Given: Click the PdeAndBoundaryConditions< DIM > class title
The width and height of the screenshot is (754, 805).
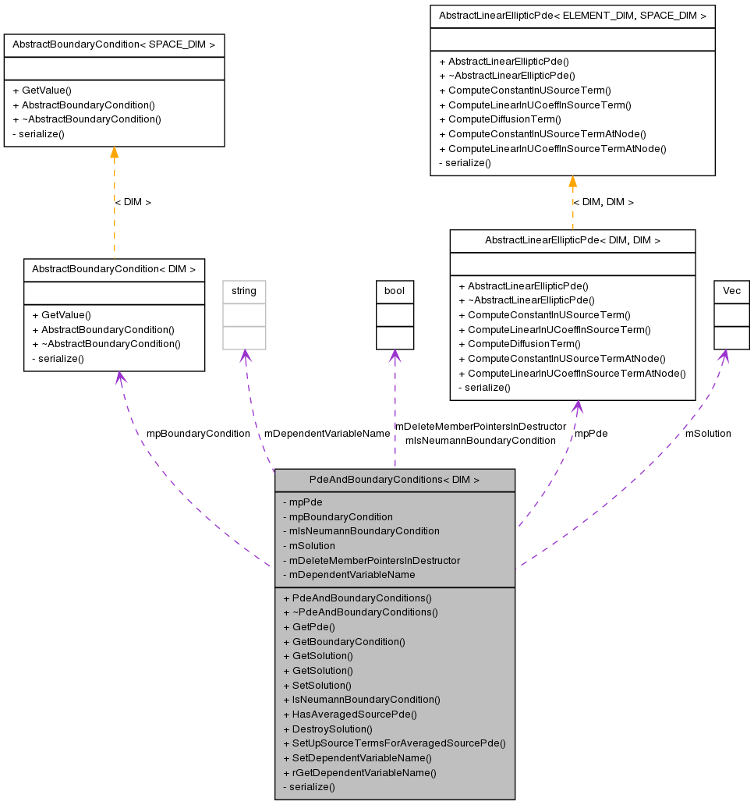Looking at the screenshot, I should pos(395,480).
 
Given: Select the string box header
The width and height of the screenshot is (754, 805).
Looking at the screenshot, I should pos(244,291).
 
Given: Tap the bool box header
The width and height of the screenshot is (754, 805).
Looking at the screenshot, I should pos(395,291).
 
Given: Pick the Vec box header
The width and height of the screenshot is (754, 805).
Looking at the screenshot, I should pos(731,291).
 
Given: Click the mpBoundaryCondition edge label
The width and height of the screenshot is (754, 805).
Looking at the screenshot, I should pos(198,434).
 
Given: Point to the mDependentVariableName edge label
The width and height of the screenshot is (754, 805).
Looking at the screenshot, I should pos(327,434).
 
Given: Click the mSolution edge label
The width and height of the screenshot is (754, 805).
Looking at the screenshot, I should pos(708,434).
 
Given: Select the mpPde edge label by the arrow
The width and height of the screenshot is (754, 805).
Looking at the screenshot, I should pos(591,434).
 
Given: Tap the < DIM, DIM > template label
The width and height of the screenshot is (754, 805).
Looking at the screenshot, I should pos(604,202).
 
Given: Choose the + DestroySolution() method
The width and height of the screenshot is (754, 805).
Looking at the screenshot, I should pos(327,729).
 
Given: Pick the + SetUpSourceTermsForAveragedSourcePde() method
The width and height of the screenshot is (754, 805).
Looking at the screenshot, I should pos(395,743).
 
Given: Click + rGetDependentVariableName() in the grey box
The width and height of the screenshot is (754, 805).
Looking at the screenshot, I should pos(359,772).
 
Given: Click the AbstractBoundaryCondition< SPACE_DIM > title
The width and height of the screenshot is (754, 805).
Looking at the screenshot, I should pos(114,44).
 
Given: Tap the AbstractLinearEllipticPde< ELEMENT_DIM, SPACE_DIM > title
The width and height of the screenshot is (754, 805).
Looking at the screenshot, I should pos(572,16).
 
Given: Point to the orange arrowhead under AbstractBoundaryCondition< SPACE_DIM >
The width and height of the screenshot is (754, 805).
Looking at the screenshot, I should pos(114,152).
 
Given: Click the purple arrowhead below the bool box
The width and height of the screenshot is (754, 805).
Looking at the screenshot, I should pos(395,356).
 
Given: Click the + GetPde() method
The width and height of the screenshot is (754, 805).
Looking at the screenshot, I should pos(309,626).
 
